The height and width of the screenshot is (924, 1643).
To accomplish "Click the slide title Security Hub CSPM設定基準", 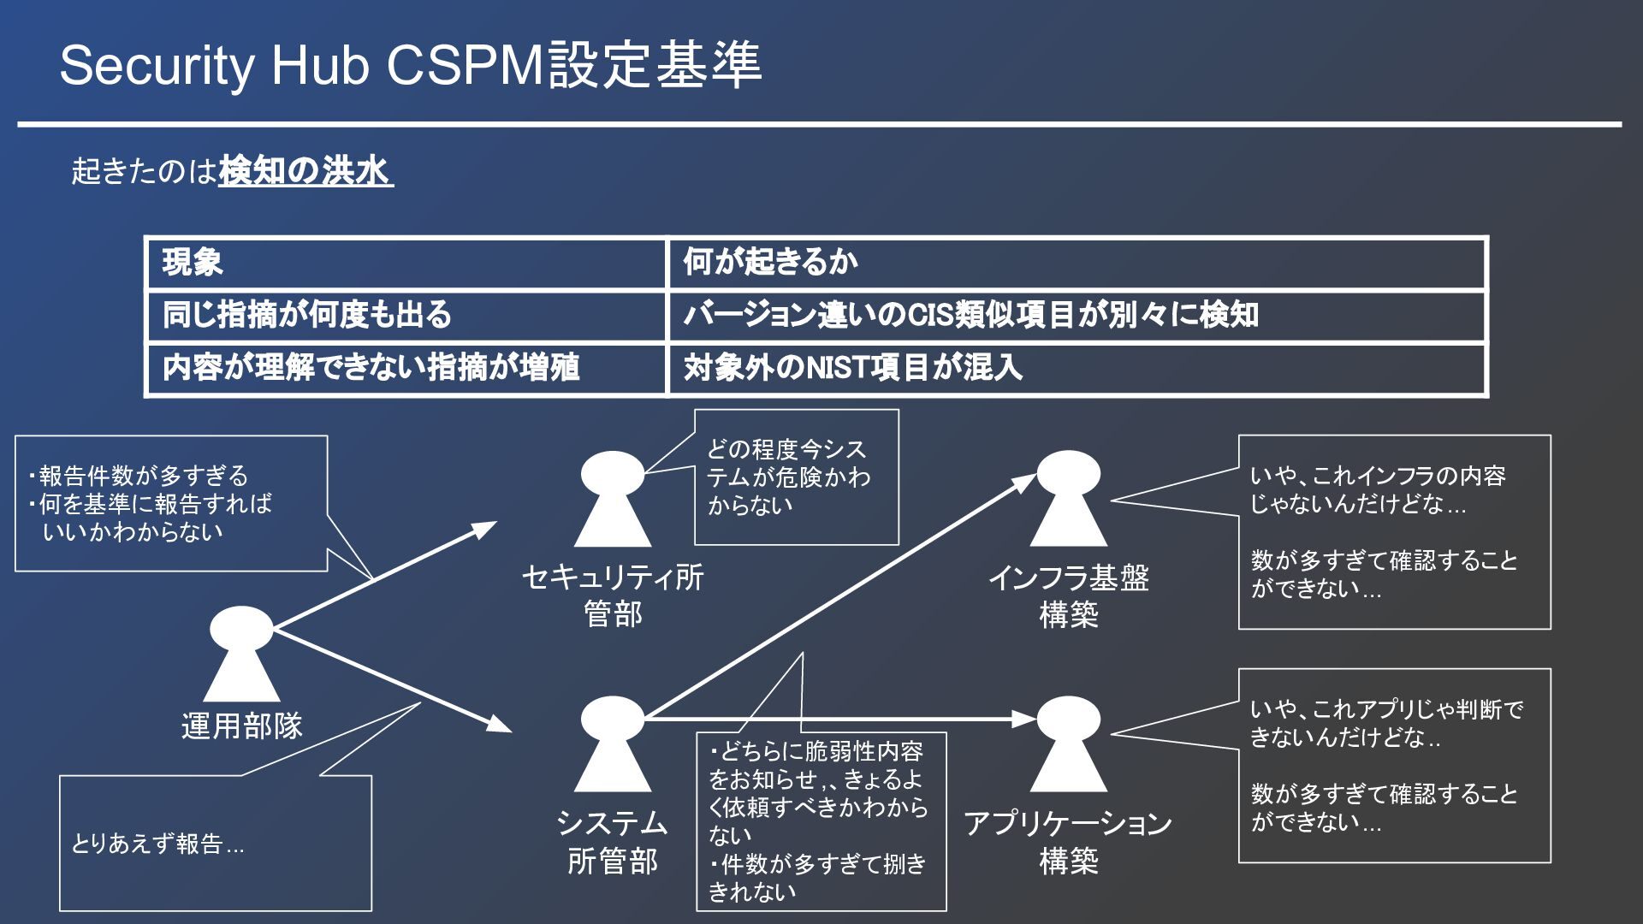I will point(410,65).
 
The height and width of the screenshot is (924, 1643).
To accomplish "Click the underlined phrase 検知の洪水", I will point(305,171).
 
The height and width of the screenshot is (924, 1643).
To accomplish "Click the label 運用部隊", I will point(242,726).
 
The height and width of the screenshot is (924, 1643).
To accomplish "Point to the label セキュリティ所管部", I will point(613,595).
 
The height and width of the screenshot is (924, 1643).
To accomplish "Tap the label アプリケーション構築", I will point(1068,842).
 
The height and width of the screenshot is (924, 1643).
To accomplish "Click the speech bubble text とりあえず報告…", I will point(157,844).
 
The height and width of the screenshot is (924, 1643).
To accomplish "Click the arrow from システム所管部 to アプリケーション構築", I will point(839,719).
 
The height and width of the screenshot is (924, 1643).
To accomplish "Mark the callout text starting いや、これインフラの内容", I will point(1378,489).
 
